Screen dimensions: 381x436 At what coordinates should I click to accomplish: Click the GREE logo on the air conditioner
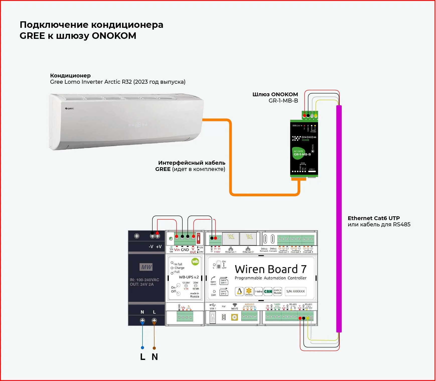coord(69,109)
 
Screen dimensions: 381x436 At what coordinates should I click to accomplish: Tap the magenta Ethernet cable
coord(339,218)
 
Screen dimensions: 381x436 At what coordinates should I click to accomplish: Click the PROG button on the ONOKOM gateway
coord(313,151)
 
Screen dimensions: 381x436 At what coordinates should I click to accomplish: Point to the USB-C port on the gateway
coord(312,172)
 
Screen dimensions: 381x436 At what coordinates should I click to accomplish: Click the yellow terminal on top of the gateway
coord(316,116)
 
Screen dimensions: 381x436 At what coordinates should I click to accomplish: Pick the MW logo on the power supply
coord(146,267)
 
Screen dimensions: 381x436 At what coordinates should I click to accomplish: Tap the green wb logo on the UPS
coord(195,262)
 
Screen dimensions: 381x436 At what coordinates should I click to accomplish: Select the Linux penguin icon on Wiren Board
coord(239,291)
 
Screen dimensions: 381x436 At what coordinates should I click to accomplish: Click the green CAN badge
coord(268,291)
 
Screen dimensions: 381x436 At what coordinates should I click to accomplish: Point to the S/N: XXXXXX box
coord(296,291)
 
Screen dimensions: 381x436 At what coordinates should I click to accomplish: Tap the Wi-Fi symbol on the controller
coord(235,305)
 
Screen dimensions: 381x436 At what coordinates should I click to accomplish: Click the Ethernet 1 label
coord(231,252)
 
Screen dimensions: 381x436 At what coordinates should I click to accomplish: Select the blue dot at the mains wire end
coord(142,348)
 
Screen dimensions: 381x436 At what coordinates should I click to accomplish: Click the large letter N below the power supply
coord(155,357)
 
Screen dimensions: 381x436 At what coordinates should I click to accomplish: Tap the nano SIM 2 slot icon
coord(224,293)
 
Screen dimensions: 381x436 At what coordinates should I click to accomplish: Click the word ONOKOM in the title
coord(114,36)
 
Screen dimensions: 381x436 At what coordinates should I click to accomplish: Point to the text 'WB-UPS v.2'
coord(189,277)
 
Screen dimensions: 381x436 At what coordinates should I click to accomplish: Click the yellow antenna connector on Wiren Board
coord(234,317)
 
